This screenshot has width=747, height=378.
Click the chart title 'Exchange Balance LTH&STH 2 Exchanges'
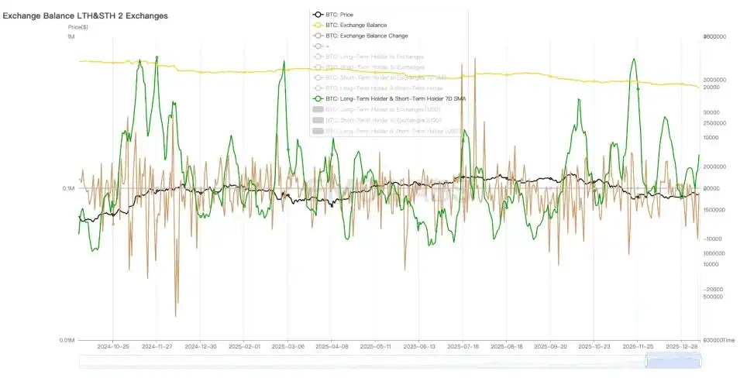click(x=84, y=15)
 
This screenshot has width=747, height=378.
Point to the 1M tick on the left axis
click(x=71, y=37)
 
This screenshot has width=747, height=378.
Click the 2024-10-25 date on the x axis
click(x=112, y=348)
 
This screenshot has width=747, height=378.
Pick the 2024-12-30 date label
click(x=199, y=348)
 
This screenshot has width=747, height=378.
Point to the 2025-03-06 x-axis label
click(x=287, y=348)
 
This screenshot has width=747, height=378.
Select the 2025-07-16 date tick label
click(x=461, y=348)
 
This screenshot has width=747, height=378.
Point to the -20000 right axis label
click(x=713, y=289)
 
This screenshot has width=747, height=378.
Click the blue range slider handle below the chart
click(x=673, y=361)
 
